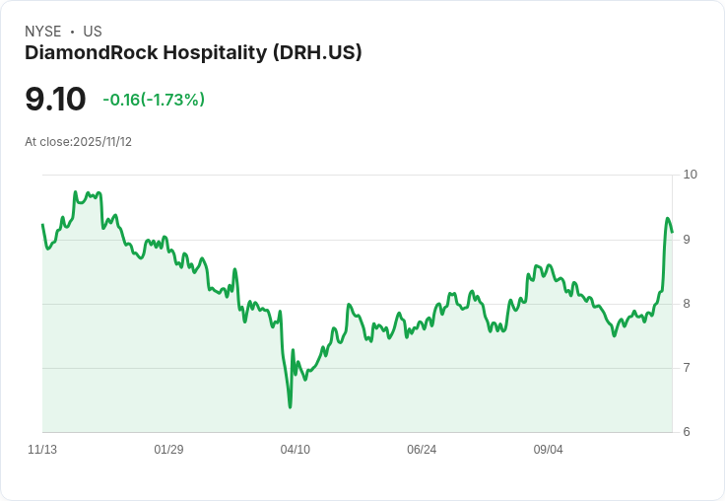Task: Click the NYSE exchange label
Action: click(x=42, y=32)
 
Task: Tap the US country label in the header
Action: click(x=93, y=32)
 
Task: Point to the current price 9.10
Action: click(x=55, y=100)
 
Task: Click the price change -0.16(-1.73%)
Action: click(x=154, y=100)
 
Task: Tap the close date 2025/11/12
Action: click(x=102, y=142)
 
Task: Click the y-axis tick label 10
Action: click(x=690, y=175)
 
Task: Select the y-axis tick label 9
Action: click(x=687, y=239)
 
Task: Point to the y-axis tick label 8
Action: click(x=687, y=304)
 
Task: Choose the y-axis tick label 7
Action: click(x=687, y=368)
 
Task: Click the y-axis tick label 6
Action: click(x=687, y=432)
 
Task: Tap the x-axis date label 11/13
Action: click(x=42, y=450)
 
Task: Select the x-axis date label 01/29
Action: click(x=168, y=450)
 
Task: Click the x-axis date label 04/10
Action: click(x=296, y=450)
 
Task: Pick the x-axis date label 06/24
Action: click(x=422, y=450)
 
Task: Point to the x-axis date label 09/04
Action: click(x=549, y=450)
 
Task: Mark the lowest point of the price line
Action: click(x=290, y=406)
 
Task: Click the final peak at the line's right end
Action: click(x=667, y=219)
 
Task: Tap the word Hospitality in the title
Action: click(x=208, y=53)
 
